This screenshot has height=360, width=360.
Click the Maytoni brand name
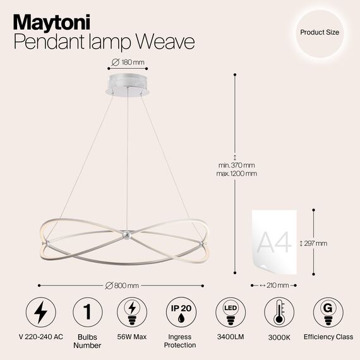point(52,21)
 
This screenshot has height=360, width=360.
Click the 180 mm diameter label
point(128,61)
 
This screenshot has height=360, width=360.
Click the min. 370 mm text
point(236,165)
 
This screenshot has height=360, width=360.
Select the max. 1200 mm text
point(236,174)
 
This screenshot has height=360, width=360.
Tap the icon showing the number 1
point(87,313)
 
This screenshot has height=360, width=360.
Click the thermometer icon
point(279,313)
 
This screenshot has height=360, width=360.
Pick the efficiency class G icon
point(327,313)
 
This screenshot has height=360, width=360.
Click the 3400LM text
point(230,337)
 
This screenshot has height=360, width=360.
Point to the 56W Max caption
point(133,337)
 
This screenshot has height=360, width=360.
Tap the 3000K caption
point(279,337)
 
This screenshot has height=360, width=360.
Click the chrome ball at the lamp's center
point(126,235)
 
